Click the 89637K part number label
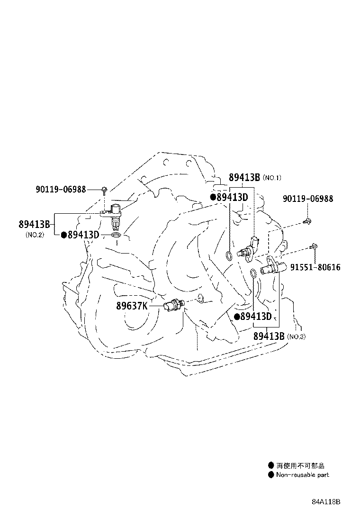[x=132, y=306]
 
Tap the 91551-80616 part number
[x=315, y=267]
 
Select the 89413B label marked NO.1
[x=244, y=177]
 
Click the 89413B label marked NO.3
[x=269, y=336]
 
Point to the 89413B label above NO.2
[x=34, y=224]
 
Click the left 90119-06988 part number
[x=61, y=190]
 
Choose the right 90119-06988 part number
[x=308, y=199]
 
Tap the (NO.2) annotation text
[x=35, y=235]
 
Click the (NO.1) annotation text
[x=272, y=178]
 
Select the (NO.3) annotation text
[x=296, y=336]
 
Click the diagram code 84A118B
[x=326, y=502]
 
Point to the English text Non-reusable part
[x=303, y=475]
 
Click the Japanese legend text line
[x=300, y=466]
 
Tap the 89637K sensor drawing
[x=174, y=305]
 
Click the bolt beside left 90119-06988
[x=104, y=190]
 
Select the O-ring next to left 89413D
[x=116, y=235]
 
